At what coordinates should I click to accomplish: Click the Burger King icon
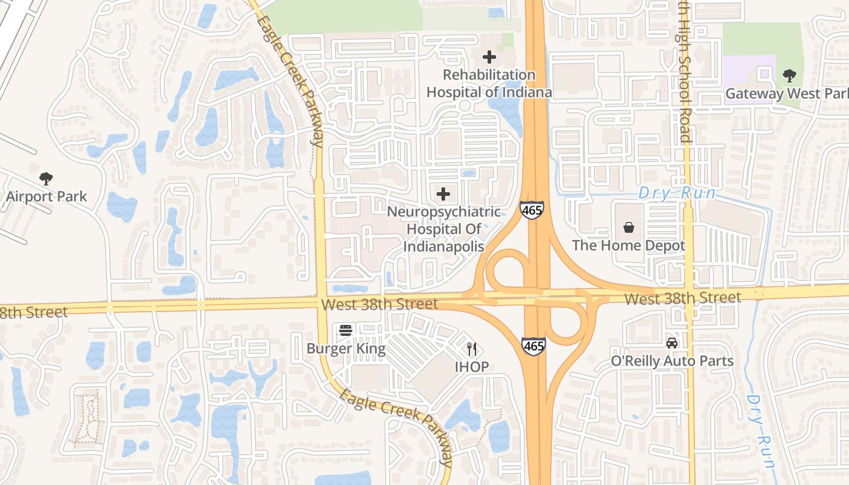click(x=346, y=330)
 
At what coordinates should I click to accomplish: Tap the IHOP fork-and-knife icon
click(x=472, y=349)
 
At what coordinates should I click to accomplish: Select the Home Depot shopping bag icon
click(x=629, y=227)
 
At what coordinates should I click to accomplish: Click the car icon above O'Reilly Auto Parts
click(x=672, y=343)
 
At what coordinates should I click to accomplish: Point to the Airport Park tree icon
click(x=46, y=178)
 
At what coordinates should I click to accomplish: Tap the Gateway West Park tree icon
click(x=789, y=76)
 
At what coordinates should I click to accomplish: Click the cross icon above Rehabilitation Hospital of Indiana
click(x=489, y=57)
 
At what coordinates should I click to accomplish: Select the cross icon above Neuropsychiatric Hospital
click(x=443, y=194)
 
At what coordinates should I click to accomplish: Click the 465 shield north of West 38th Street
click(x=531, y=210)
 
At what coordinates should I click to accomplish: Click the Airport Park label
click(x=47, y=196)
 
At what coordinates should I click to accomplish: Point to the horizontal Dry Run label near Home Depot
click(x=677, y=193)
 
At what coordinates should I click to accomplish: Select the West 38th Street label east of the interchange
click(x=682, y=298)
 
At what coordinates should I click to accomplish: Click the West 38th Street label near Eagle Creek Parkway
click(x=380, y=303)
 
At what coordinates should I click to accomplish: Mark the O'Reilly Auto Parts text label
click(x=672, y=361)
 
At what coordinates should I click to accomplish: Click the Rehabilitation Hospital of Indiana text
click(x=489, y=84)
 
